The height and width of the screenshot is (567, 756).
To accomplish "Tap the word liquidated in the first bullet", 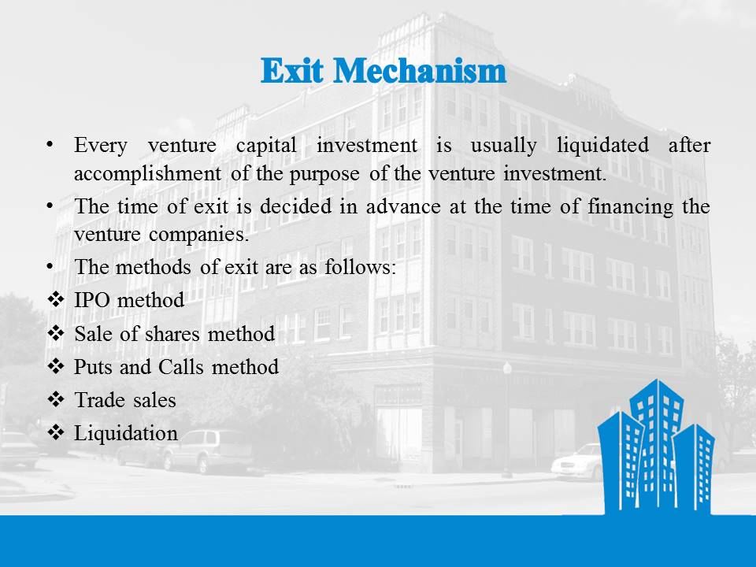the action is coord(602,145).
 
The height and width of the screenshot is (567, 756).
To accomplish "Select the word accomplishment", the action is coord(147,174).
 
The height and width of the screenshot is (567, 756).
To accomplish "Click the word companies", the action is coord(199,235).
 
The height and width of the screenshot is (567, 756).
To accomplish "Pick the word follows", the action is coord(360,267).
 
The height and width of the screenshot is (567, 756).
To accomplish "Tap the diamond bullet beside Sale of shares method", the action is coord(56,333).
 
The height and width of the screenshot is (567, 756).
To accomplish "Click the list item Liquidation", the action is coord(126,433).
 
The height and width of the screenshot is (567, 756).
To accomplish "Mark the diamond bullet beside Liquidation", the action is coord(56,432).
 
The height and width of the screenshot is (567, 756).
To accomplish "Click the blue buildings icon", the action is coord(656,446).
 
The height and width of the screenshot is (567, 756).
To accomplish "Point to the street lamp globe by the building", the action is coord(507,368).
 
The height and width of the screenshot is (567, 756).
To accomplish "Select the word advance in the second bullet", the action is coord(403,207).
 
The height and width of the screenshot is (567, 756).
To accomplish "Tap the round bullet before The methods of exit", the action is coord(50,266).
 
